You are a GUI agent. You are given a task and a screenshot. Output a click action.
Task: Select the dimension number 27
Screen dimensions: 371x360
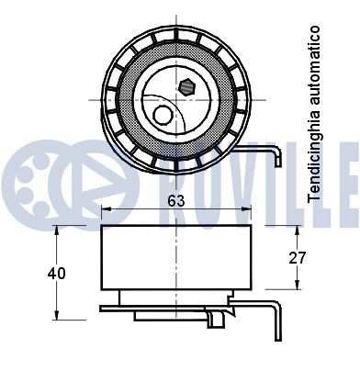pos(297,258)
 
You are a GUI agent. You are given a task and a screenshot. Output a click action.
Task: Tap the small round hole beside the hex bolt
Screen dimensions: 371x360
pos(163,116)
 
